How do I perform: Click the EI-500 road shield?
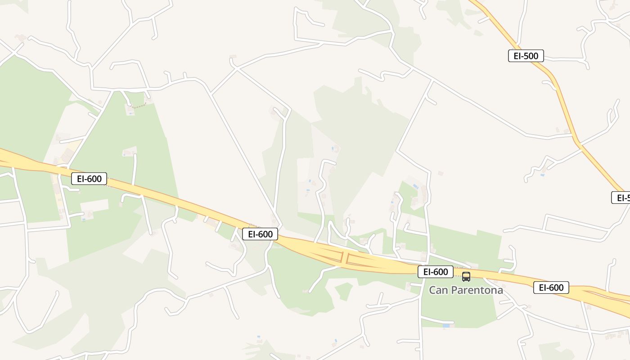(526, 56)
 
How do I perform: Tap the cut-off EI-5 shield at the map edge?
(621, 198)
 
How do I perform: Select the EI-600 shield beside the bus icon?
(435, 272)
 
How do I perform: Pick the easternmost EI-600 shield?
(551, 288)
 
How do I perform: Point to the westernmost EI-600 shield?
(89, 179)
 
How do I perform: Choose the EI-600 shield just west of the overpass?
(260, 234)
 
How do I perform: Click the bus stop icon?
(466, 277)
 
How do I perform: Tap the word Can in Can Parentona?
(438, 290)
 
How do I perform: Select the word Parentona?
(477, 290)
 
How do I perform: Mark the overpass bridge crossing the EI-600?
(345, 258)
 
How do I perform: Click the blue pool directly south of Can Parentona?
(446, 325)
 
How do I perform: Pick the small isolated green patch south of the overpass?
(344, 291)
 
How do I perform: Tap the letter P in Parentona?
(454, 290)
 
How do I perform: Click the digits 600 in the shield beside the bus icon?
(441, 272)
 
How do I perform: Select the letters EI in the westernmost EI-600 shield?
(81, 179)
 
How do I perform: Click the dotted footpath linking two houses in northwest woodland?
(140, 106)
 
